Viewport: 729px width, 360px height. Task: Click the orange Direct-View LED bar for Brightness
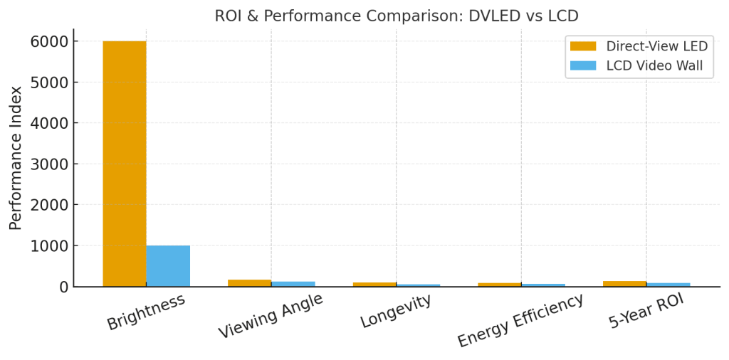click(125, 164)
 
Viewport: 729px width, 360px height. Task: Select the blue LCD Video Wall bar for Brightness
click(168, 266)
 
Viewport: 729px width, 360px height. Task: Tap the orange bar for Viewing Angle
click(249, 283)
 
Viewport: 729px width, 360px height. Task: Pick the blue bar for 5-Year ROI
click(668, 285)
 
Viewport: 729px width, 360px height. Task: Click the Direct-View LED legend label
click(656, 46)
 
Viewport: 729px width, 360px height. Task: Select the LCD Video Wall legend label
click(654, 66)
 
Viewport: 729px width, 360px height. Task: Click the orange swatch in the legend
click(583, 46)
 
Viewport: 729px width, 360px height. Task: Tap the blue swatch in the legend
click(583, 66)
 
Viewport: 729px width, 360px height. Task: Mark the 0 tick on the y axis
click(63, 287)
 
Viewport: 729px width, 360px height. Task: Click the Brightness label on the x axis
click(146, 312)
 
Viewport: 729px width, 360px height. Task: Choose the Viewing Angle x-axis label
click(271, 316)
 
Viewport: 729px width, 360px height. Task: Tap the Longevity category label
click(396, 312)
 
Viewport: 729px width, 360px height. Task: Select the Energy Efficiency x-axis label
click(520, 320)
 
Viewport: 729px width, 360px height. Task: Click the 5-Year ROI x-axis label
click(646, 312)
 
